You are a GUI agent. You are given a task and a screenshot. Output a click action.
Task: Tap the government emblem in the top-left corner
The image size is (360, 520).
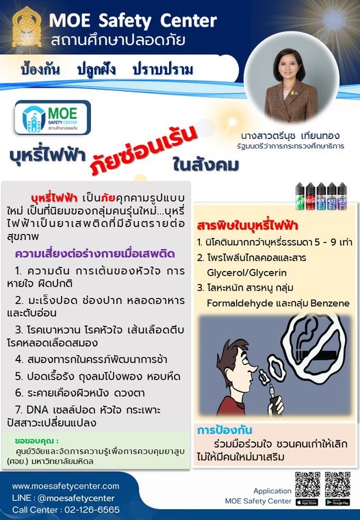(26, 28)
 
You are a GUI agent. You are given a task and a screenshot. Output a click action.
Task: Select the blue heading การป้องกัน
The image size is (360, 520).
(225, 431)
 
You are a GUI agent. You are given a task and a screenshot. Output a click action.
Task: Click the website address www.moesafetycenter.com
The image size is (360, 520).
(66, 486)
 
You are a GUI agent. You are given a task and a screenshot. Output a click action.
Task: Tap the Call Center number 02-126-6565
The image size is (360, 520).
(85, 510)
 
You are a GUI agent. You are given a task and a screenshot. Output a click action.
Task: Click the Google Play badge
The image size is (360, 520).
(338, 502)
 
